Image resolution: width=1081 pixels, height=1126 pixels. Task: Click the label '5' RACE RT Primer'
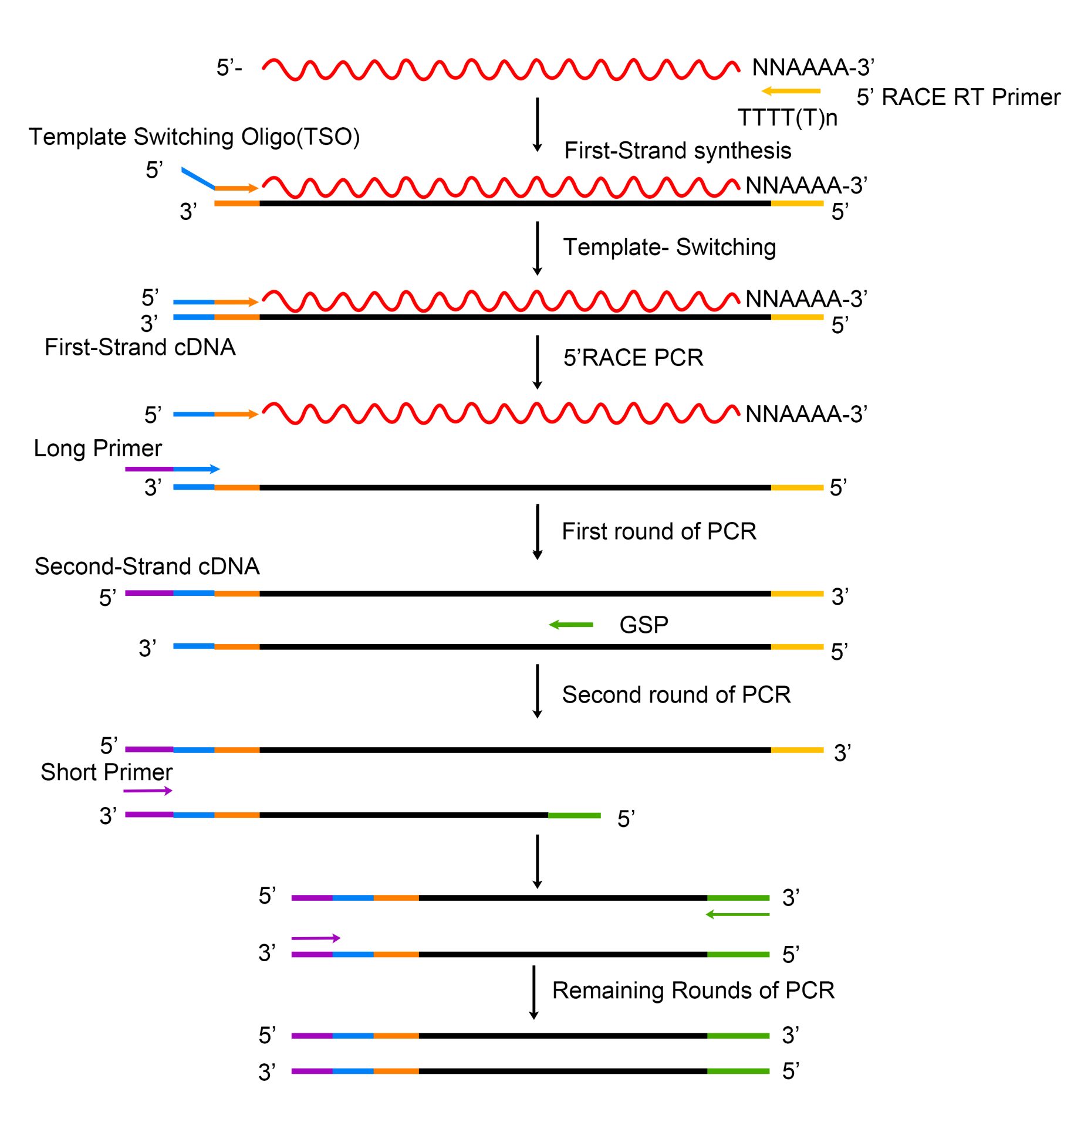(x=958, y=97)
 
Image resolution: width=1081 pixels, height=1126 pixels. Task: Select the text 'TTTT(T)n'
(x=787, y=118)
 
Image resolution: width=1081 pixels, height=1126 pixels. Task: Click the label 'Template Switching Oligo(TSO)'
(x=194, y=137)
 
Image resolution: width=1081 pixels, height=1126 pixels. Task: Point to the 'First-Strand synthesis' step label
(x=677, y=151)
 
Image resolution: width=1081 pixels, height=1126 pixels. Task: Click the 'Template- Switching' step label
(x=669, y=247)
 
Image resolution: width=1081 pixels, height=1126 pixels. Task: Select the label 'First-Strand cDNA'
(x=140, y=347)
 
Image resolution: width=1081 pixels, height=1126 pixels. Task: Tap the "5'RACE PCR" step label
(x=633, y=358)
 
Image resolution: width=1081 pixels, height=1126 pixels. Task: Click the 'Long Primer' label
(x=97, y=449)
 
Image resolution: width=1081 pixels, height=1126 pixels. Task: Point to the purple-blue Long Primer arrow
(x=172, y=469)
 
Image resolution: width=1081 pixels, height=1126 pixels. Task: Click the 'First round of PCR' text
(x=658, y=531)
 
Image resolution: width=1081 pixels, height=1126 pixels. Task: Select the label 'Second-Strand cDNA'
(x=147, y=567)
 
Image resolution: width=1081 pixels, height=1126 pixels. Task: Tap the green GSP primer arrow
(x=570, y=625)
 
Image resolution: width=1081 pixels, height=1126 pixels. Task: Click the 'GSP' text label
(x=644, y=625)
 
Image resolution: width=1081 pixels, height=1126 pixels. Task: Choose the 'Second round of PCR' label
(x=676, y=695)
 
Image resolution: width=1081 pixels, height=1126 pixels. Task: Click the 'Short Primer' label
(x=106, y=772)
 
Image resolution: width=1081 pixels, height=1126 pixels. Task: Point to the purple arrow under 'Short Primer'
(x=147, y=791)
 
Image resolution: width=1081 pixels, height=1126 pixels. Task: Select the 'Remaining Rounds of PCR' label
(x=693, y=991)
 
